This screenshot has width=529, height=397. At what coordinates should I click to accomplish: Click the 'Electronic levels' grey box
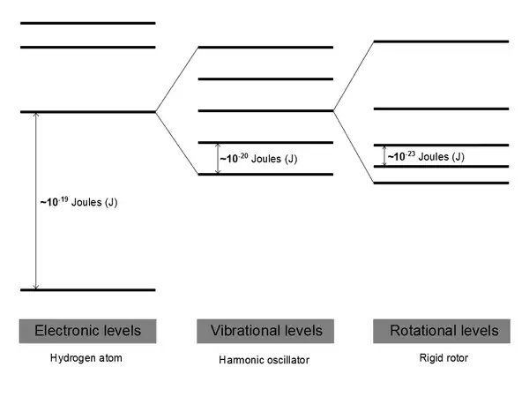[x=87, y=331]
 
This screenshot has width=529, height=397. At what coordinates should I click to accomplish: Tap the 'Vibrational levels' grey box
[x=266, y=331]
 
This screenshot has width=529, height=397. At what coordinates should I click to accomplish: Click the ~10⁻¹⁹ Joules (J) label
[x=78, y=202]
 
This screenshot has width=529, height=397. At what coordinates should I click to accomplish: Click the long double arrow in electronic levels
[x=35, y=201]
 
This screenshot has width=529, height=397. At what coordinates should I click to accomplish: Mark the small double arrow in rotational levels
[x=384, y=155]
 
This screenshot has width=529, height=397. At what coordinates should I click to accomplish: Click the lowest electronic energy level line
[x=87, y=289]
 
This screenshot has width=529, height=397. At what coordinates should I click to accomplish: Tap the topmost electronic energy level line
[x=87, y=23]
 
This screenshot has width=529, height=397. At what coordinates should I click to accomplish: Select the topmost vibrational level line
[x=266, y=47]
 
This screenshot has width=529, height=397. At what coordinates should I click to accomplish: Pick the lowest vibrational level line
[x=266, y=174]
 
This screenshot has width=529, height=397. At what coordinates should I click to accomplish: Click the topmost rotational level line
[x=441, y=41]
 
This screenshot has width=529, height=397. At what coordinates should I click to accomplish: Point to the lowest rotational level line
[x=441, y=183]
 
